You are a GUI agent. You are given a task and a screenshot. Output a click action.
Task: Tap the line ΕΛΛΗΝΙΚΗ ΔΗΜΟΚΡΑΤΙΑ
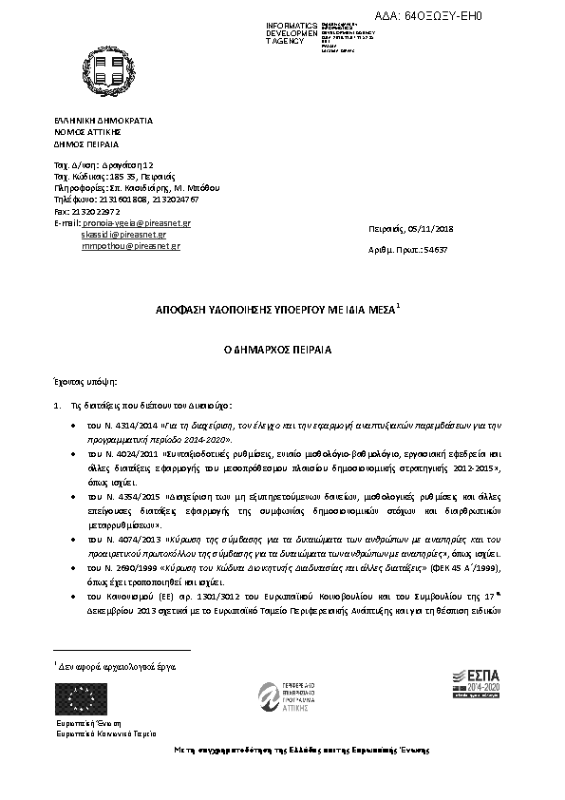click(103, 122)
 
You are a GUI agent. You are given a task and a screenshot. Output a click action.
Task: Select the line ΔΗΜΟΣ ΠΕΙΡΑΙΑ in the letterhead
click(85, 143)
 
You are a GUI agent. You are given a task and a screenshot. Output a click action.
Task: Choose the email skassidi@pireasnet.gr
click(123, 234)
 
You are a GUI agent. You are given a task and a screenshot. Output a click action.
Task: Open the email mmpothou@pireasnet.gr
click(125, 245)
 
